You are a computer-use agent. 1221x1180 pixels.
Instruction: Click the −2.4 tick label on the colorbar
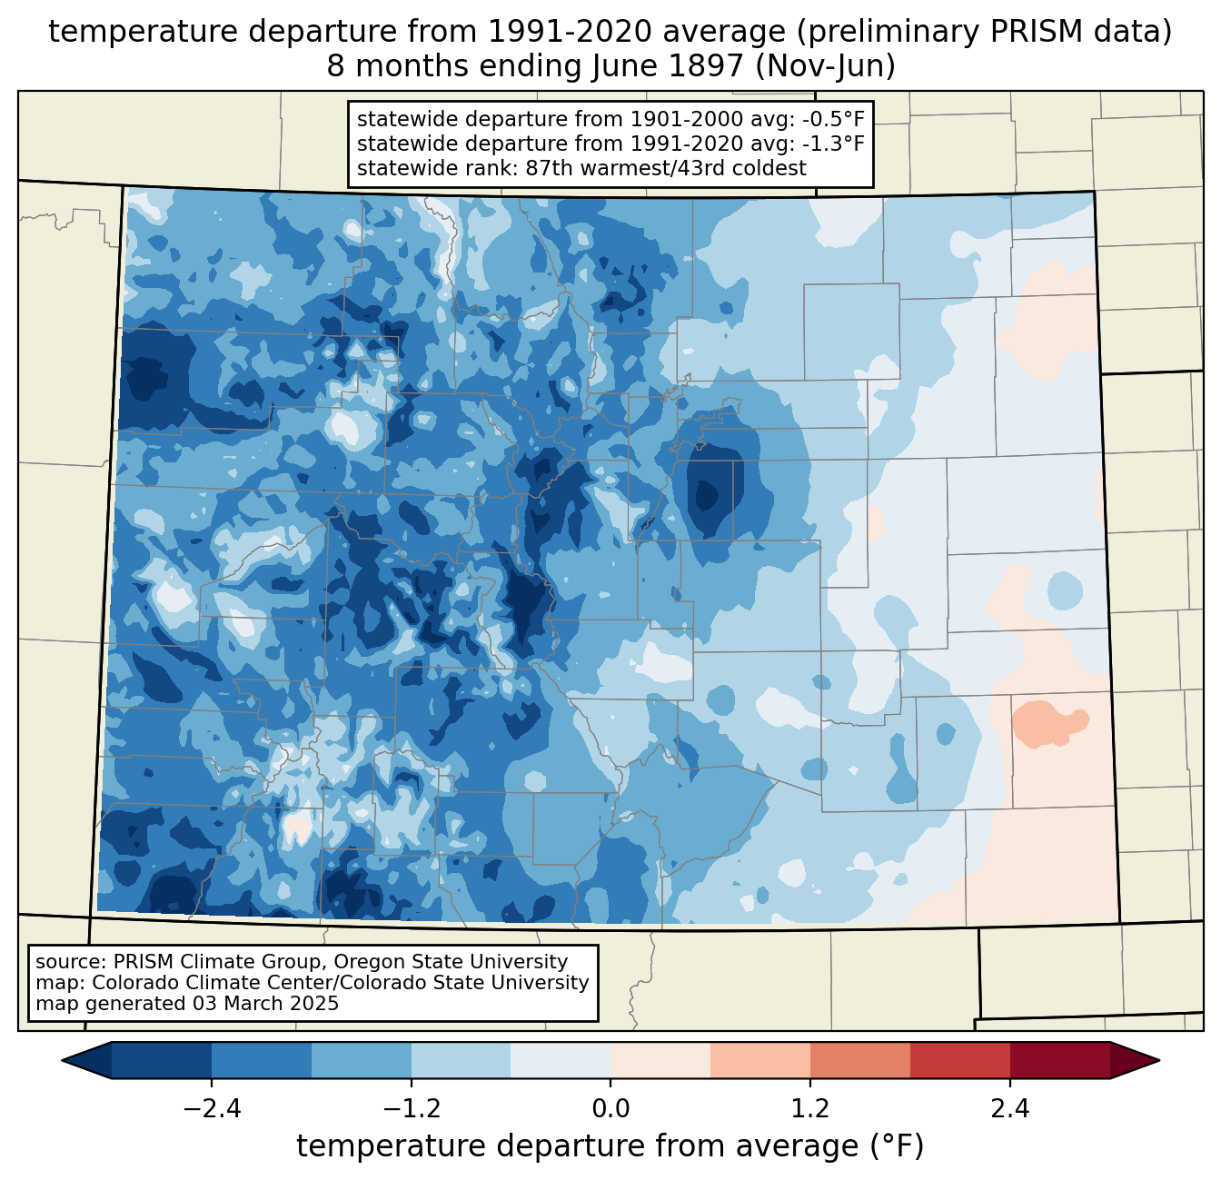[x=212, y=1109]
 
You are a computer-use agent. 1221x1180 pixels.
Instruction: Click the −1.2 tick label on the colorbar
[x=411, y=1109]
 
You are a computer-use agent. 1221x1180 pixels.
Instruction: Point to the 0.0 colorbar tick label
[x=610, y=1109]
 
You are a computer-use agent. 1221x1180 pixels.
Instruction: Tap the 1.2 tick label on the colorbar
[x=810, y=1109]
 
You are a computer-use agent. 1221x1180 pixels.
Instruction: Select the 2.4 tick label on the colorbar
[x=1009, y=1109]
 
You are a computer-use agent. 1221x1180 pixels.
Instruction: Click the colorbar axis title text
[x=610, y=1146]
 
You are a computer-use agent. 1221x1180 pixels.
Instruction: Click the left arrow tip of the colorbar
[x=65, y=1060]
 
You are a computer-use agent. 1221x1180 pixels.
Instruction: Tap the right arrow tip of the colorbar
[x=1157, y=1060]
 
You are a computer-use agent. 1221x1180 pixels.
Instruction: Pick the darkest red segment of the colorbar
[x=1059, y=1060]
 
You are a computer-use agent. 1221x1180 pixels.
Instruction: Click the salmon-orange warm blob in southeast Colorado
[x=1045, y=723]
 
